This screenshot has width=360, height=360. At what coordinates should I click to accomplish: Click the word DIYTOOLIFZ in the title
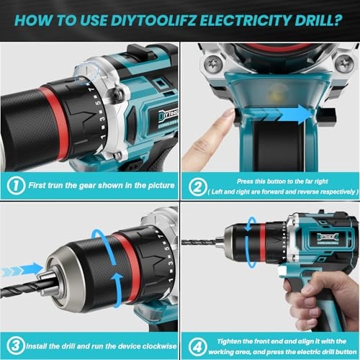coord(168,19)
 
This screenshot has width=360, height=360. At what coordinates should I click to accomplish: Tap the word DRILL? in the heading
coord(318,19)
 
